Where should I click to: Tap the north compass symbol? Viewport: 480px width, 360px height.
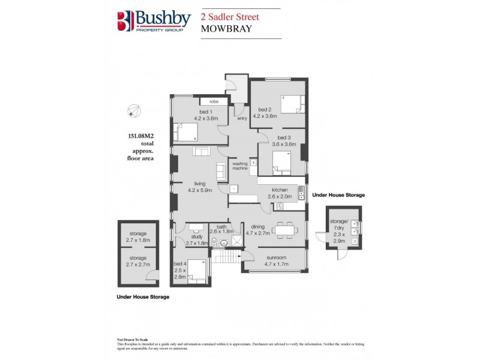point(134,111)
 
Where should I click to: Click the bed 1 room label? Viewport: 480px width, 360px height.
point(206,112)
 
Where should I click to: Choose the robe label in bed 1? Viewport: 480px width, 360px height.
point(213,101)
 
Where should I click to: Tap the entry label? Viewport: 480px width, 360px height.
point(242,118)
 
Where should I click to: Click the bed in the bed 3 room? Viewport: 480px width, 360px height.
point(281,161)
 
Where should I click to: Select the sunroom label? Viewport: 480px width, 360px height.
point(275,259)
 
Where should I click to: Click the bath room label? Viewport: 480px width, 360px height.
point(221,226)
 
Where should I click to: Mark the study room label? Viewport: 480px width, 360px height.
point(196,238)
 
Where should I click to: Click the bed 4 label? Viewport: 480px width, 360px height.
point(180,263)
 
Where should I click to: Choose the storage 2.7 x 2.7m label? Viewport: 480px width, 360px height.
point(138,258)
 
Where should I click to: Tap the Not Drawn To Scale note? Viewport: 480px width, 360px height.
point(132,340)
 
